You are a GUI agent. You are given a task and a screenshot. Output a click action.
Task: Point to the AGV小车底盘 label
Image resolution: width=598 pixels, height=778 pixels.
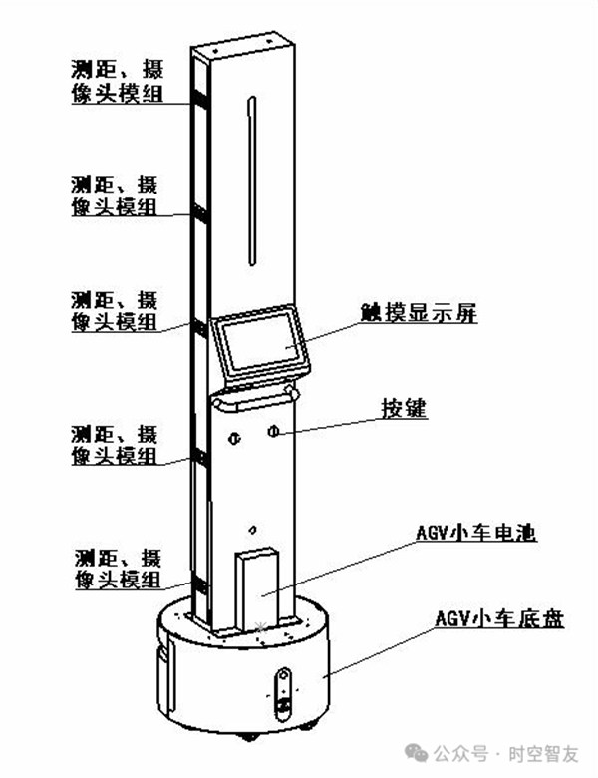(x=499, y=619)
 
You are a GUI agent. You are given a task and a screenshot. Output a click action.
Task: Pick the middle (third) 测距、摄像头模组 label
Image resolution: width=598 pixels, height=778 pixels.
(x=114, y=311)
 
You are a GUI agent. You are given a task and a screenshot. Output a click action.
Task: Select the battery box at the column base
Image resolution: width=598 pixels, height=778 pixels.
(x=257, y=588)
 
